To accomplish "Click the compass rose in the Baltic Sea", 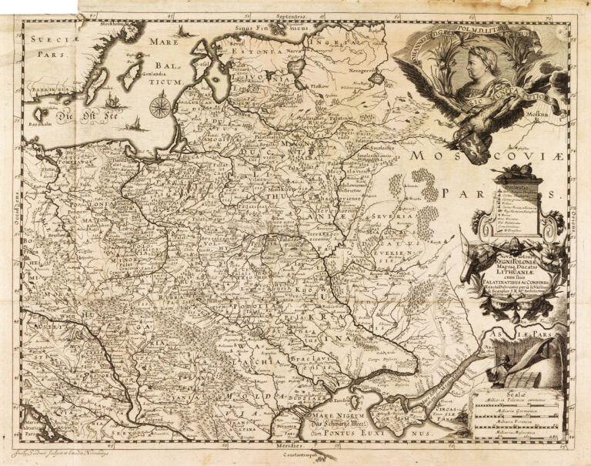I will click(x=160, y=105).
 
